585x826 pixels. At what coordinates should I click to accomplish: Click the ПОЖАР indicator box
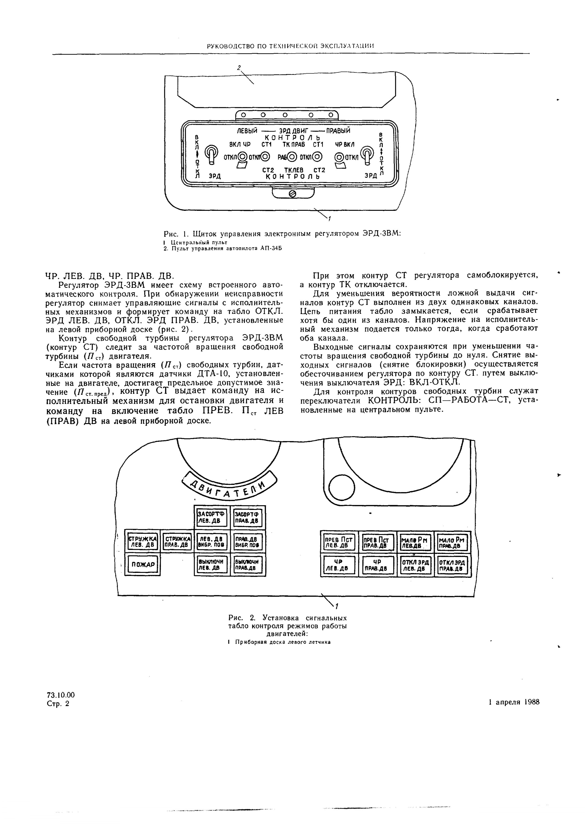coord(143,565)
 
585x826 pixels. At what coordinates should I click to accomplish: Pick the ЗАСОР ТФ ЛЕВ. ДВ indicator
coord(212,518)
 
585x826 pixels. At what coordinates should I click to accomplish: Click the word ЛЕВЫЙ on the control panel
coord(246,131)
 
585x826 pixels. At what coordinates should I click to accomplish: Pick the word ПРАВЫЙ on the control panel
coord(338,131)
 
